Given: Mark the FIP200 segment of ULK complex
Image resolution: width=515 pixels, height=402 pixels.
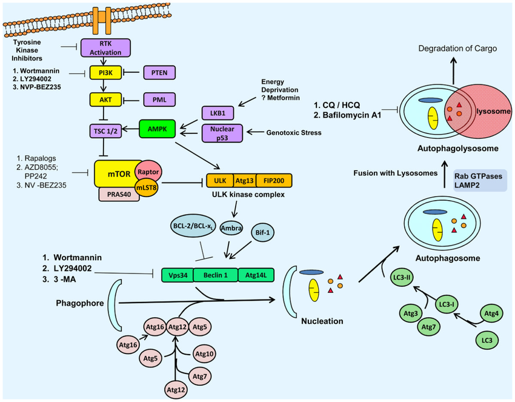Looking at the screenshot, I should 274,180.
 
